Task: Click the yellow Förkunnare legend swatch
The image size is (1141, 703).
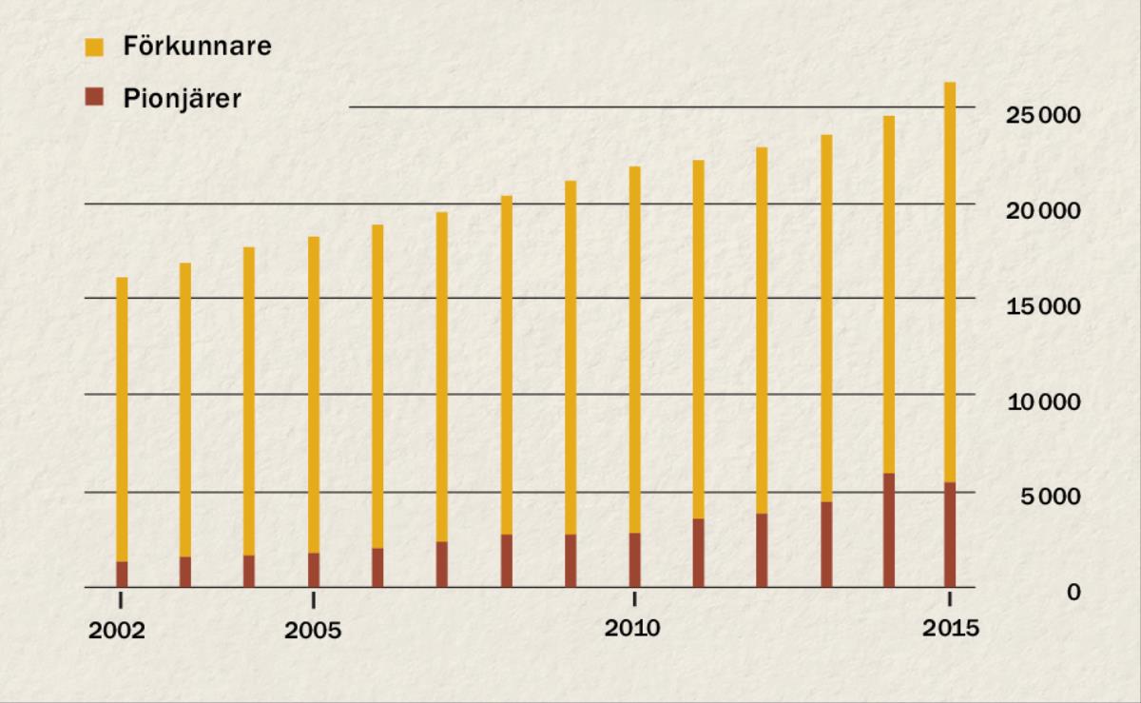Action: click(94, 47)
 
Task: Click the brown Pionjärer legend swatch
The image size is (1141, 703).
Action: click(94, 98)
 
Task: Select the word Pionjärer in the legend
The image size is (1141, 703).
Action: click(182, 98)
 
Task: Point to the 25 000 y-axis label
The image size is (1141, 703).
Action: click(1044, 115)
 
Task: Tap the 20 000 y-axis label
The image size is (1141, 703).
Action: click(1044, 210)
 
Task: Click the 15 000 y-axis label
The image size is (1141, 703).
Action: click(1044, 306)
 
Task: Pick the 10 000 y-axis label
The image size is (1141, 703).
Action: click(1044, 401)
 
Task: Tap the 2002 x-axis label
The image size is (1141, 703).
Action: click(119, 631)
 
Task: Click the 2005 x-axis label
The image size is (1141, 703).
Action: click(313, 631)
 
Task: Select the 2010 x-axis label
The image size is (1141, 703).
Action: click(633, 629)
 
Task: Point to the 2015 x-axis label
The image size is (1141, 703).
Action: click(950, 629)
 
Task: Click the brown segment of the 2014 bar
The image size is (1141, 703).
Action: click(888, 530)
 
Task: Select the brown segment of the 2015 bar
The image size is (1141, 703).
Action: click(950, 535)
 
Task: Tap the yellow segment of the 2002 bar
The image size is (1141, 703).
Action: click(122, 419)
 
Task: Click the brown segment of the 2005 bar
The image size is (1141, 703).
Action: click(314, 570)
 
